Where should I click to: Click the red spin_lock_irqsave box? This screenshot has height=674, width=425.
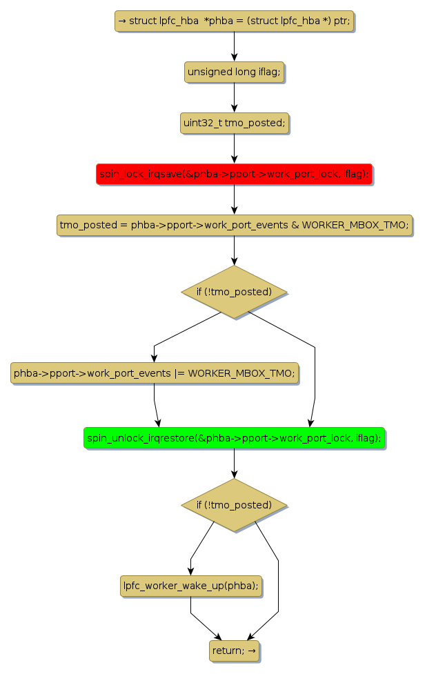[x=234, y=175]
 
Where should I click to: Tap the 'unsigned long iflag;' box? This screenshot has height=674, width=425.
[x=234, y=72]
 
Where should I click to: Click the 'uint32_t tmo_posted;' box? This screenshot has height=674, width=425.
[x=234, y=123]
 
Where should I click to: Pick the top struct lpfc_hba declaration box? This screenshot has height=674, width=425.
[x=234, y=21]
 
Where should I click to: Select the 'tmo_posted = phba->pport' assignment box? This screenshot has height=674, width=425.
[x=234, y=225]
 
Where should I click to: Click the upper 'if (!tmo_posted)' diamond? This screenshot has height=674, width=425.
[x=234, y=292]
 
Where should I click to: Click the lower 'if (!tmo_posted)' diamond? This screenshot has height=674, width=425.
[x=234, y=505]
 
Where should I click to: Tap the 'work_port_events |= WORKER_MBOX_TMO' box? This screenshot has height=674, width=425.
[x=154, y=373]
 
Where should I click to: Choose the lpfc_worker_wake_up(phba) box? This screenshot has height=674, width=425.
[x=191, y=585]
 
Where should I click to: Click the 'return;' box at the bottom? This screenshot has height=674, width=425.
[x=234, y=650]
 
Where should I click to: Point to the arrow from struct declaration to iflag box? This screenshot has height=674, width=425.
[x=234, y=46]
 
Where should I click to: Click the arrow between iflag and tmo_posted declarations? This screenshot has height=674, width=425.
[x=234, y=97]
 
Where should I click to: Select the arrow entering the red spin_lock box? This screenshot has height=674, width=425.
[x=234, y=148]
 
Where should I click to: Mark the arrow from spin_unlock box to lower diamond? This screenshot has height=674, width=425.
[x=234, y=463]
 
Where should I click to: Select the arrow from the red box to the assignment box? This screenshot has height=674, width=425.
[x=234, y=200]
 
